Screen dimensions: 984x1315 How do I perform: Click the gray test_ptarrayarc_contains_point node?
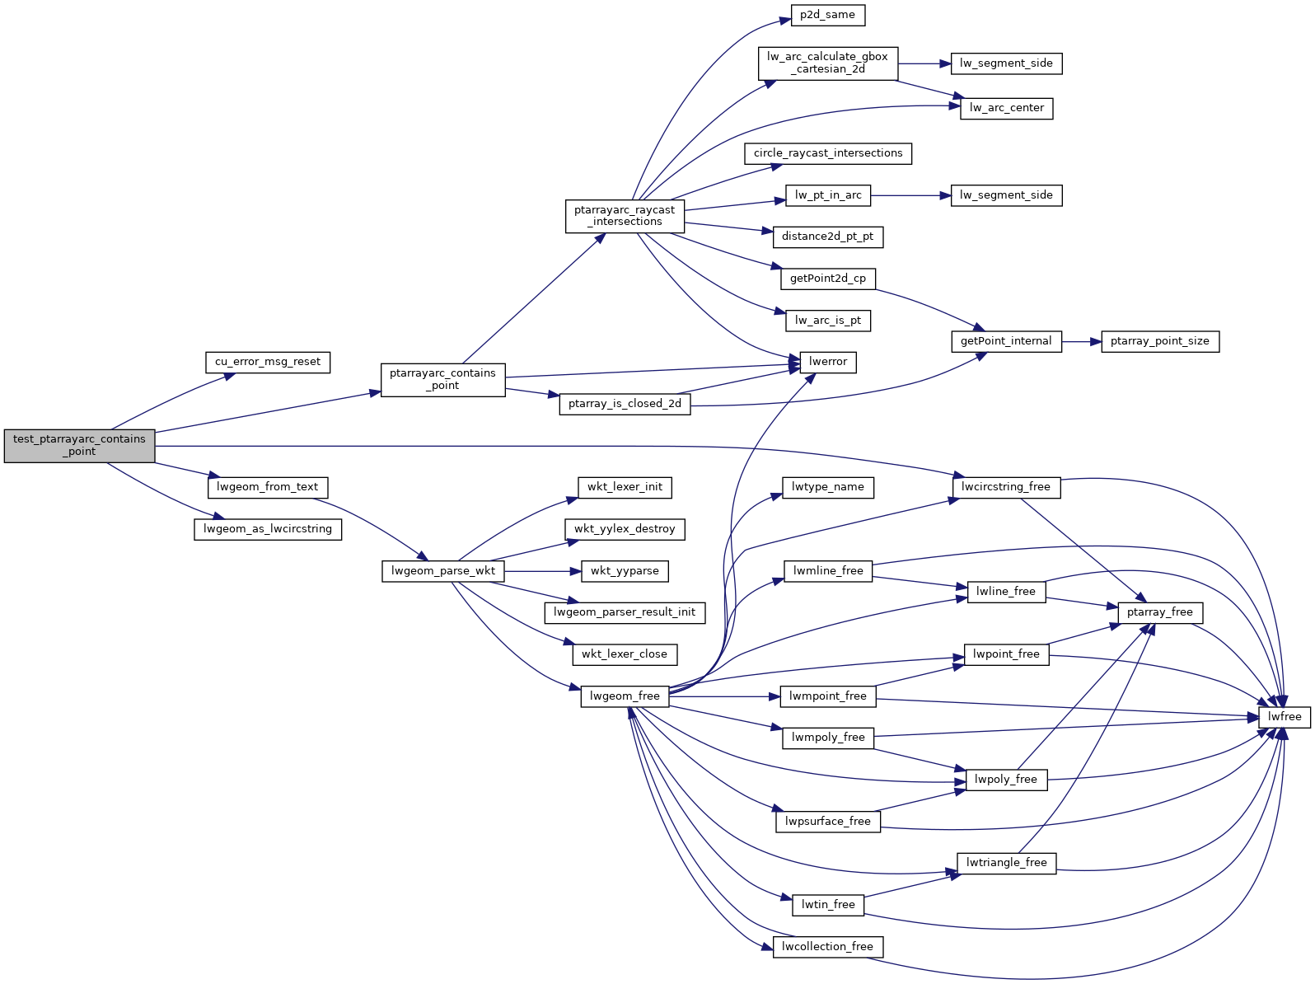point(79,445)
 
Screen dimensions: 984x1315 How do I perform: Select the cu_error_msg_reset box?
point(268,362)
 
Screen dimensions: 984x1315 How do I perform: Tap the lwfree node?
point(1285,717)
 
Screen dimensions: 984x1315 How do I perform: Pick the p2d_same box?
point(828,15)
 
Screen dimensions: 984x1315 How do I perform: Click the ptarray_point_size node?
point(1159,341)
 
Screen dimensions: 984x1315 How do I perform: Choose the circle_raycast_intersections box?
point(828,153)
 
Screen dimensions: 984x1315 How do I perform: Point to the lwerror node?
point(828,362)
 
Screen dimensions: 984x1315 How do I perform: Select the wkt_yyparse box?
point(625,570)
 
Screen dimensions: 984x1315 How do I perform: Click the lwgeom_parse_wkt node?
point(443,570)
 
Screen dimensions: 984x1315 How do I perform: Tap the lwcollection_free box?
point(827,946)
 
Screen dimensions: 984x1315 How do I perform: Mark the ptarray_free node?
point(1159,612)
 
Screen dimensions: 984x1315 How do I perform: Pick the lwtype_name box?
point(827,487)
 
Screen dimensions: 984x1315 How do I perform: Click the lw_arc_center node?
point(1006,108)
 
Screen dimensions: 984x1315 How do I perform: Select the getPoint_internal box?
point(1006,341)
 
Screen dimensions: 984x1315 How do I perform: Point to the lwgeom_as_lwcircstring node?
point(268,529)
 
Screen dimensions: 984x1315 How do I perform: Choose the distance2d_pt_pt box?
point(827,237)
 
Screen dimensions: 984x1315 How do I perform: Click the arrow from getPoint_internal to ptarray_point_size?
point(1081,341)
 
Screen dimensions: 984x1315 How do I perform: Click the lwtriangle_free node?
point(1006,863)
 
